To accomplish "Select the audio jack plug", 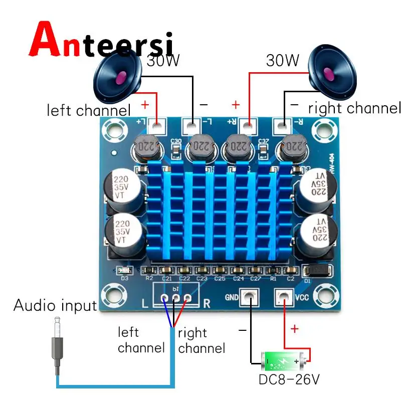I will pos(57,346).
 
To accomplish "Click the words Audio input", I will pos(55,305).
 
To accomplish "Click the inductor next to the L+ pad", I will pos(146,146).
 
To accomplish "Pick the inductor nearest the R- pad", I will pos(294,146).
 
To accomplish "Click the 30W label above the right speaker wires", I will pos(282,61).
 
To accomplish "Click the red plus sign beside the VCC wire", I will pos(295,329).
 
